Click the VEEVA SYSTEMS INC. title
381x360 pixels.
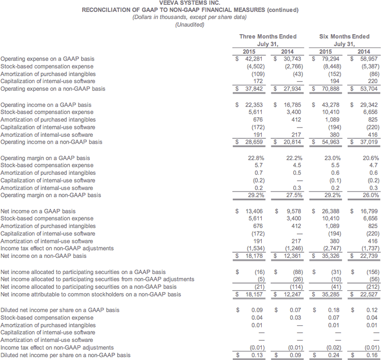point(190,4)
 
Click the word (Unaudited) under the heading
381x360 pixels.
point(190,25)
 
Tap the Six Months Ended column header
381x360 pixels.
point(344,36)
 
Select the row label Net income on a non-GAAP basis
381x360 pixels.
point(44,256)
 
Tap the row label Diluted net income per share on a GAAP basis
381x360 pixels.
point(60,311)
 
